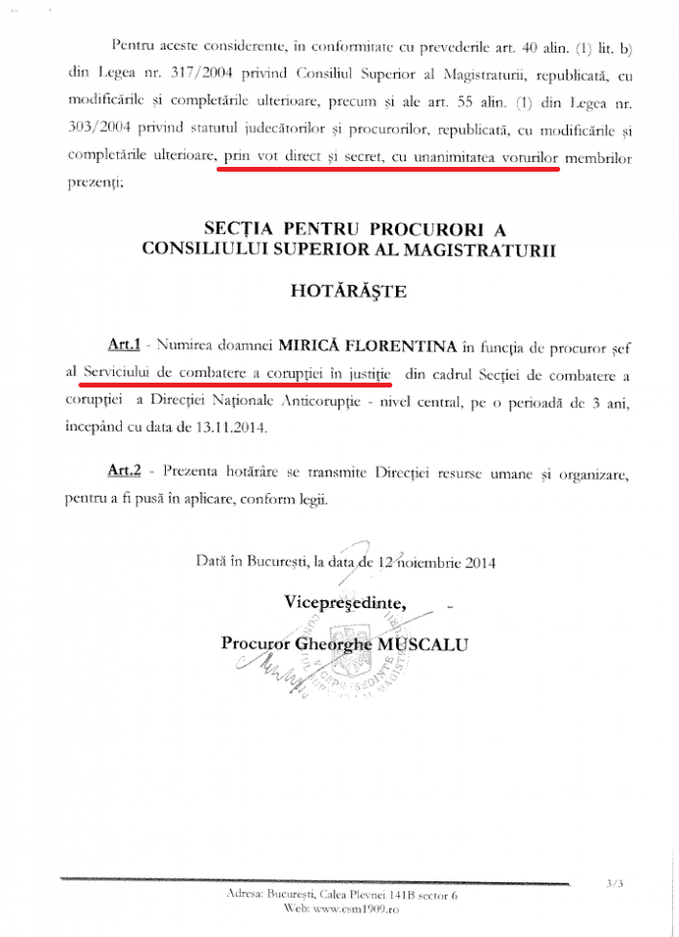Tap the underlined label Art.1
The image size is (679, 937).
click(x=125, y=345)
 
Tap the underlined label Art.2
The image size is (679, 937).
click(x=125, y=470)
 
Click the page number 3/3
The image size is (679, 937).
click(x=614, y=885)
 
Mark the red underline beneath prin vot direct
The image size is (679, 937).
click(x=390, y=167)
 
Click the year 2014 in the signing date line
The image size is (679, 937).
click(x=478, y=562)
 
